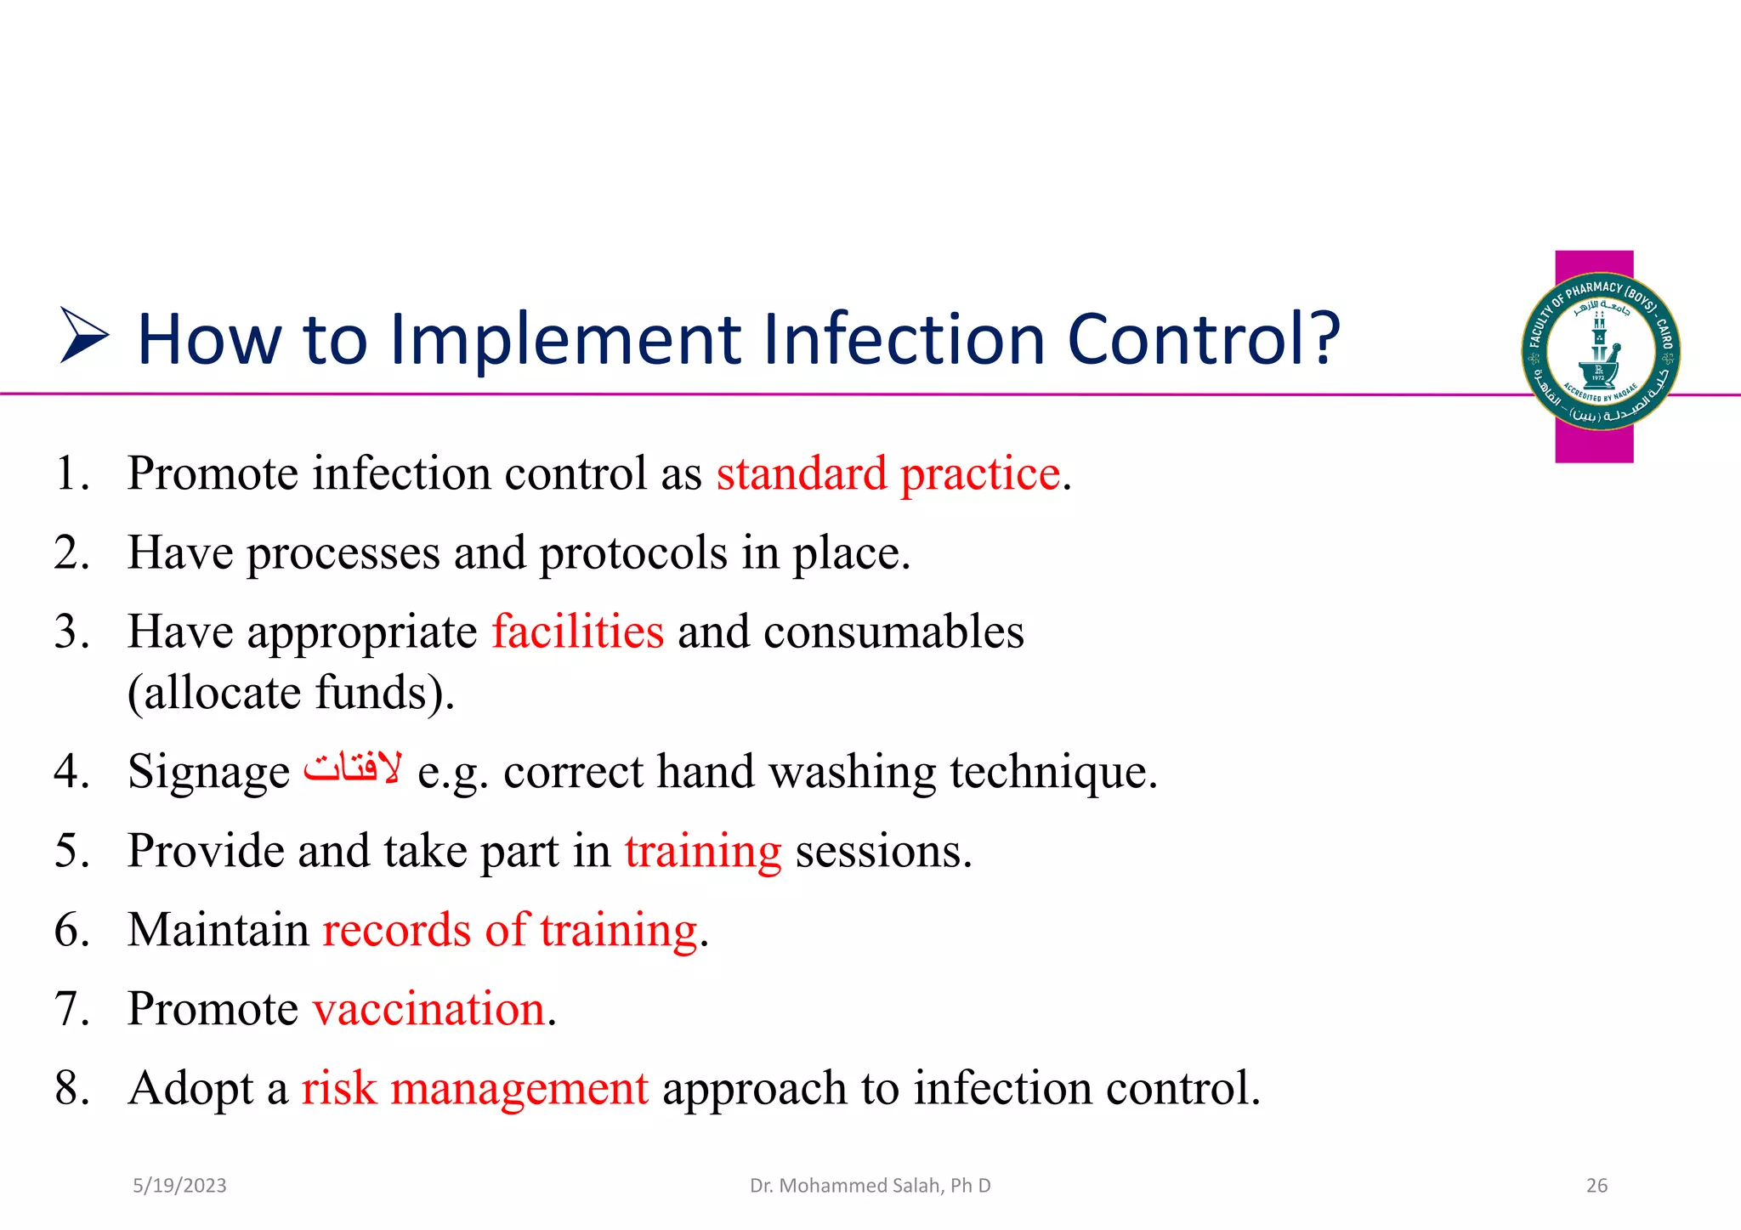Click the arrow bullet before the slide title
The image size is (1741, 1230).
click(84, 337)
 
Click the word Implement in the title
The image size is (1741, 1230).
click(567, 340)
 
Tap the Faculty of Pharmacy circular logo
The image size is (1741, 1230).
click(1600, 351)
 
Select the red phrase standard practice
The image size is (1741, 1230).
click(888, 473)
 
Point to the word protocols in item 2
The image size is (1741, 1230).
click(633, 553)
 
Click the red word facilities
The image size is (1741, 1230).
click(577, 632)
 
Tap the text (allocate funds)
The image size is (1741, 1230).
click(291, 693)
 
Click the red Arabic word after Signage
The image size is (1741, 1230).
click(353, 768)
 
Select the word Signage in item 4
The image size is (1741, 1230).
click(209, 773)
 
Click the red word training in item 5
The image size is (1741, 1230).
click(702, 852)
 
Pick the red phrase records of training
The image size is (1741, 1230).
click(510, 930)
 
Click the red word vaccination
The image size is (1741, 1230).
click(428, 1009)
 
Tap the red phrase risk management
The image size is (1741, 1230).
click(475, 1088)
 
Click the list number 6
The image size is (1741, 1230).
click(72, 930)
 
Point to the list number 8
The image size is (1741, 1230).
click(72, 1088)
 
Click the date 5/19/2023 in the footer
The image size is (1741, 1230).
click(179, 1186)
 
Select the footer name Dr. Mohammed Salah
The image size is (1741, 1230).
click(870, 1186)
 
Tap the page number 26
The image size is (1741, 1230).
click(1596, 1186)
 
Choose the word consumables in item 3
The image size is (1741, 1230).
click(893, 632)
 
